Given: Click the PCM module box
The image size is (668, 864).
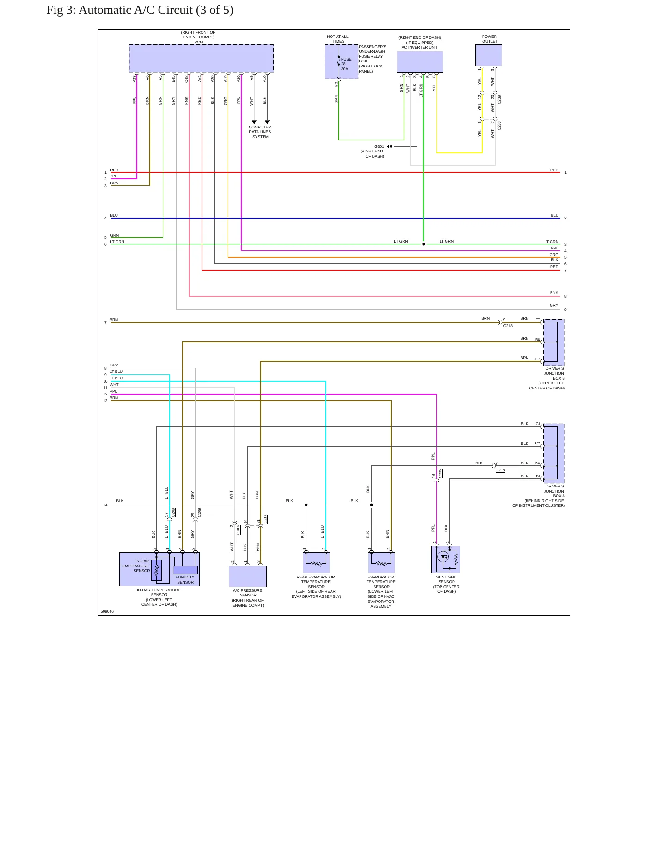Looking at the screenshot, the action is pos(201,58).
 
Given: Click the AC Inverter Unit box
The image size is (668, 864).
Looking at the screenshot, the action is pos(420,61).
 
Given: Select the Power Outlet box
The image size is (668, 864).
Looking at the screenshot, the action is pos(489,55).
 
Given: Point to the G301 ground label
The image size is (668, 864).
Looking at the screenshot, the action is pos(379,146).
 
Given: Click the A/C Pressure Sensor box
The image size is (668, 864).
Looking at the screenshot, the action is pos(248,577).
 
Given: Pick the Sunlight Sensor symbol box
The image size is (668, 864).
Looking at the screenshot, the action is pos(446,560).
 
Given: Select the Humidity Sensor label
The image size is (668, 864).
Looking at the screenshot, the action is pos(185,580).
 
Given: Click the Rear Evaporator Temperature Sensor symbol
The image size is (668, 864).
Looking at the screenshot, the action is pos(317,563).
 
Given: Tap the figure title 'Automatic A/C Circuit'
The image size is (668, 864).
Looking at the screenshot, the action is pos(156,10).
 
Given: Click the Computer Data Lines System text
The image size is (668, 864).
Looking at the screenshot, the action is pos(260,132).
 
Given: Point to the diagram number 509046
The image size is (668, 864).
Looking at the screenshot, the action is pos(107,611).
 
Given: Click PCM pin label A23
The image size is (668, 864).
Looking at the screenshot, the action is pos(135,79).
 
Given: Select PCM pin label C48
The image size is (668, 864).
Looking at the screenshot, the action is pos(187,79).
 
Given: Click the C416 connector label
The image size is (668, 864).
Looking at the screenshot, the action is pos(238,529).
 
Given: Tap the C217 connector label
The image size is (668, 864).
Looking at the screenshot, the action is pos(265,519).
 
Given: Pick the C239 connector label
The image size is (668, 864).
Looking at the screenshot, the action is pos(499,99).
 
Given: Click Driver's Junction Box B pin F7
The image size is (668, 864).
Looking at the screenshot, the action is pos(538,320).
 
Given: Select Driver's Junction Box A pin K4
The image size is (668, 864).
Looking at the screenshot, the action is pos(538,463).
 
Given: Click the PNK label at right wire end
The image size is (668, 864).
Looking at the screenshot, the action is pos(554,292).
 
